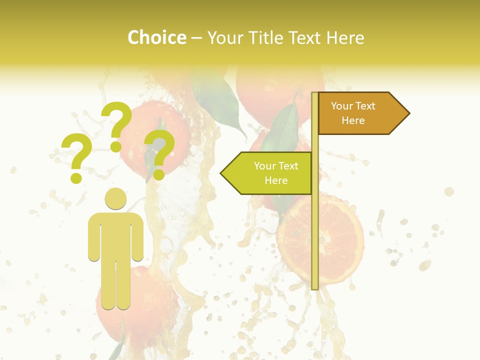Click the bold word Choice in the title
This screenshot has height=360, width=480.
pyautogui.click(x=156, y=37)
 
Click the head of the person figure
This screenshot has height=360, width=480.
pyautogui.click(x=115, y=198)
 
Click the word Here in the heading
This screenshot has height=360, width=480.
pyautogui.click(x=345, y=37)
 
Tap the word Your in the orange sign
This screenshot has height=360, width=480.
pyautogui.click(x=342, y=106)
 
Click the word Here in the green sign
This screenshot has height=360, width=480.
pyautogui.click(x=276, y=180)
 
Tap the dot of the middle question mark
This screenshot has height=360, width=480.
pyautogui.click(x=116, y=146)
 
